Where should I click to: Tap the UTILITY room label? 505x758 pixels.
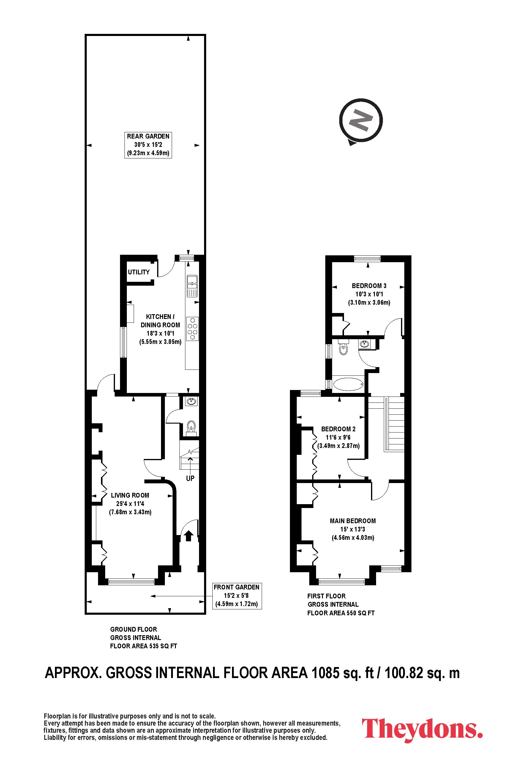139,272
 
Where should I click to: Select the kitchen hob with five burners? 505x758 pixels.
192,329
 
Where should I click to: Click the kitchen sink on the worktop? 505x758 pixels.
192,286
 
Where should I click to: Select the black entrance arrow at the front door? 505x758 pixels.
189,536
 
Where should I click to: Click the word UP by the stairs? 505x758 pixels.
190,478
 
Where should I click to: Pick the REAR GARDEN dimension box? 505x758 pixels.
148,145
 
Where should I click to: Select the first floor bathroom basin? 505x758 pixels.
364,344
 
